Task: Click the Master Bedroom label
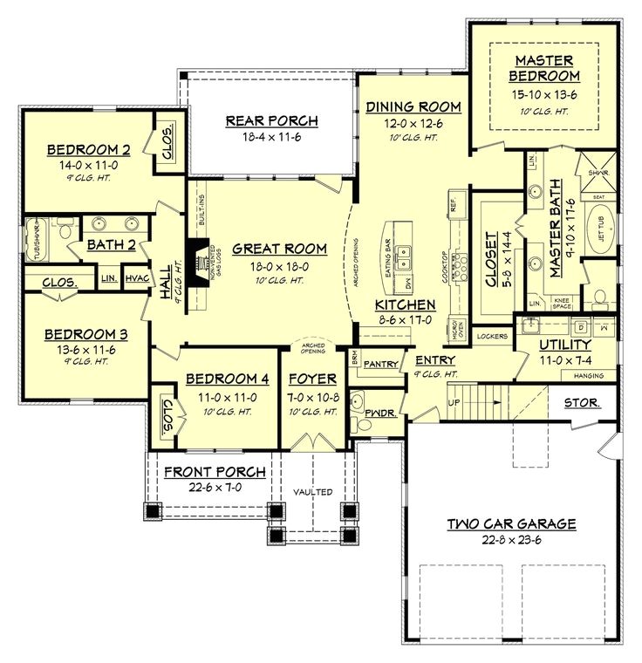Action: click(543, 68)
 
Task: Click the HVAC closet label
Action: click(137, 278)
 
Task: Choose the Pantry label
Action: click(380, 364)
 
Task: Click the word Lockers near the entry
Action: click(493, 335)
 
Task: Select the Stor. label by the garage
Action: click(580, 403)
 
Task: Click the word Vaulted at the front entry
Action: click(312, 492)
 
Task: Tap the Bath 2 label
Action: click(111, 245)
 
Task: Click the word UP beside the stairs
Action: click(452, 402)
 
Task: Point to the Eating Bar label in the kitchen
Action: click(386, 256)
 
